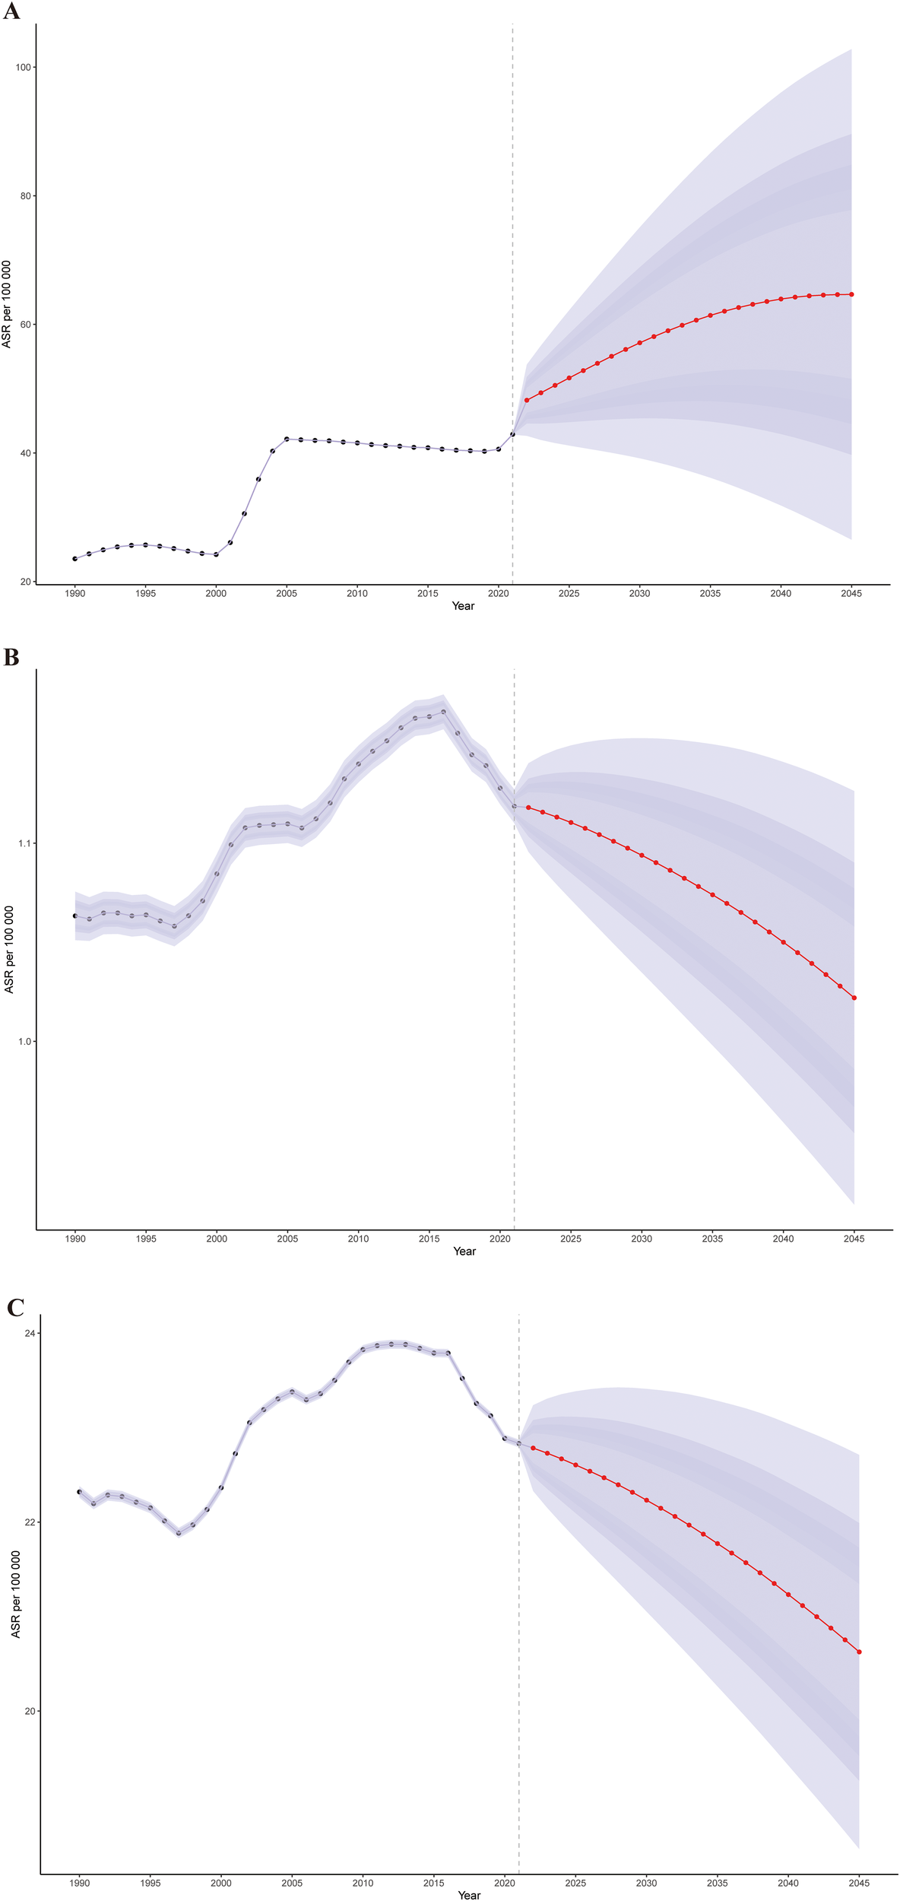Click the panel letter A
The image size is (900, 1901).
[11, 11]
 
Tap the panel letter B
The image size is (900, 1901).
[11, 657]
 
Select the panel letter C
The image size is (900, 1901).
[15, 1307]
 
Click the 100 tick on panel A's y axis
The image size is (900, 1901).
[23, 67]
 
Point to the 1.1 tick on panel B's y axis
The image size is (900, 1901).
[24, 843]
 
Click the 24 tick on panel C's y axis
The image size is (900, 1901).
[30, 1333]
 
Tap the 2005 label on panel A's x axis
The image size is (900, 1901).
[287, 593]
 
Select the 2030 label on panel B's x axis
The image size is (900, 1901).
[642, 1239]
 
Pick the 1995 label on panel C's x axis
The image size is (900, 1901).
[151, 1883]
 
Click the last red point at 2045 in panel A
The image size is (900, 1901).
[851, 294]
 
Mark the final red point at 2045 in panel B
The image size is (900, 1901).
[854, 998]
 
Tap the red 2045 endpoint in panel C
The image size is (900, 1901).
[859, 1652]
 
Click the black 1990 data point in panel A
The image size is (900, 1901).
[74, 559]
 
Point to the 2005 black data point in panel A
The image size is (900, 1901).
[287, 439]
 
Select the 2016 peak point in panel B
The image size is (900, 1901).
[443, 712]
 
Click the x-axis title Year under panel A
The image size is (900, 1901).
[463, 606]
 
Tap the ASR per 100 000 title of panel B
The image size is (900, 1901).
[9, 949]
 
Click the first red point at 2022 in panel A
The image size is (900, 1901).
[526, 400]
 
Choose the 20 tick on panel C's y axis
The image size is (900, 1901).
[30, 1711]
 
